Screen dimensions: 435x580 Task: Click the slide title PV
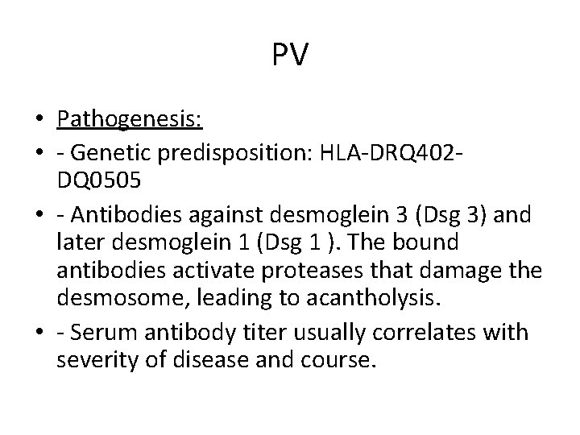290,56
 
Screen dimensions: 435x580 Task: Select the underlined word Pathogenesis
129,120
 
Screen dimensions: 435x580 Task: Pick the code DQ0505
99,181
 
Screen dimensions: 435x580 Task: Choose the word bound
430,242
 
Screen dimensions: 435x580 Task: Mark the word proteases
304,270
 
